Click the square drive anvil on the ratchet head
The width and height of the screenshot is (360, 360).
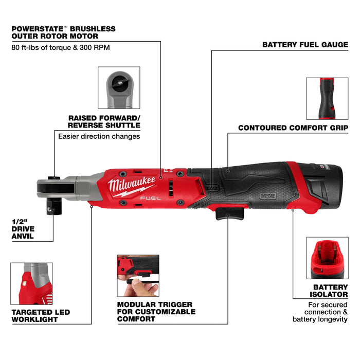pyautogui.click(x=52, y=208)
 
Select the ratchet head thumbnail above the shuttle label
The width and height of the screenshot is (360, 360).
pyautogui.click(x=119, y=87)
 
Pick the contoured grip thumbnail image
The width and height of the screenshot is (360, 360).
pyautogui.click(x=327, y=98)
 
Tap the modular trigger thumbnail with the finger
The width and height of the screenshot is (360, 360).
pyautogui.click(x=138, y=275)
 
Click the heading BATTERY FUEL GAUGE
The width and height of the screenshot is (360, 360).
pyautogui.click(x=305, y=45)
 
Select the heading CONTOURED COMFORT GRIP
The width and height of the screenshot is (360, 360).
pyautogui.click(x=293, y=128)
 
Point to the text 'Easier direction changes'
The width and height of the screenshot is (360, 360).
pyautogui.click(x=99, y=136)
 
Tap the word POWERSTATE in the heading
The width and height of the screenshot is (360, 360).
pyautogui.click(x=35, y=29)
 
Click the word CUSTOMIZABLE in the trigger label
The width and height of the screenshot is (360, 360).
pyautogui.click(x=156, y=312)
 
